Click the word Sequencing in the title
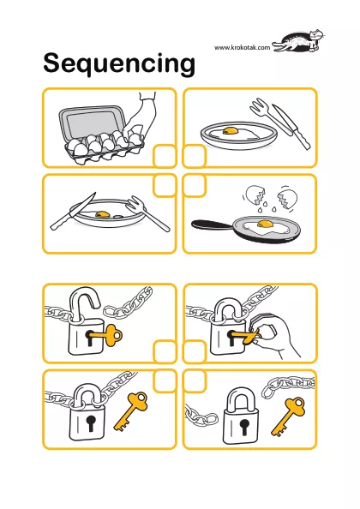tap(119, 63)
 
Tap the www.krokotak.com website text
tap(242, 47)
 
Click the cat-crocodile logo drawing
tap(298, 41)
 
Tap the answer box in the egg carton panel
tap(165, 156)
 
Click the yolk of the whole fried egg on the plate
tap(231, 130)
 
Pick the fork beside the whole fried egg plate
tap(269, 117)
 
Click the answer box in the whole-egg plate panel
tap(194, 156)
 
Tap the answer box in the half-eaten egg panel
tap(165, 186)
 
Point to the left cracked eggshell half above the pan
tap(255, 195)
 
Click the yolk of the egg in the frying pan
tap(265, 224)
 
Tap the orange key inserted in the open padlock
tap(105, 334)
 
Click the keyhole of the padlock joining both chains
tap(90, 422)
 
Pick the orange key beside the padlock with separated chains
tap(288, 416)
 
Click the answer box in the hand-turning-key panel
tap(194, 351)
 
